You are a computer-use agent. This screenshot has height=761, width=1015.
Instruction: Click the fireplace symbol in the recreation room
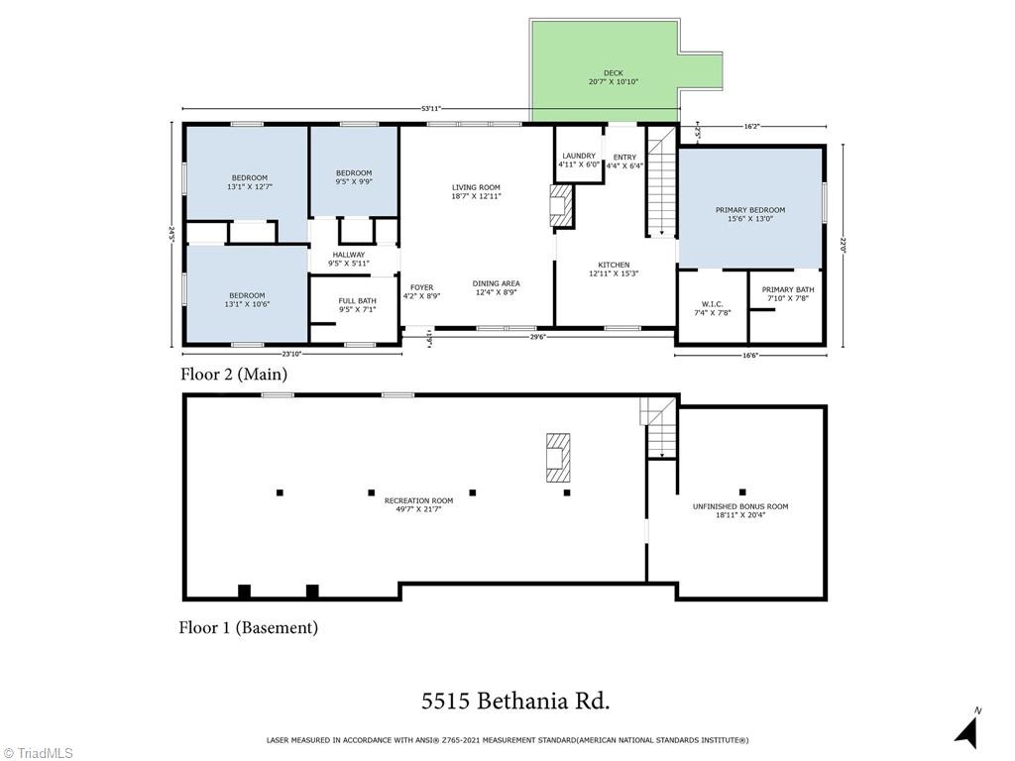559,457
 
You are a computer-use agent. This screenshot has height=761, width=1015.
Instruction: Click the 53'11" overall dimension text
430,108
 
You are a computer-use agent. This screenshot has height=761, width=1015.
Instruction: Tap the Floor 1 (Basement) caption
248,627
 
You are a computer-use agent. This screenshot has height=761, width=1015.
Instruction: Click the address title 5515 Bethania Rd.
515,702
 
